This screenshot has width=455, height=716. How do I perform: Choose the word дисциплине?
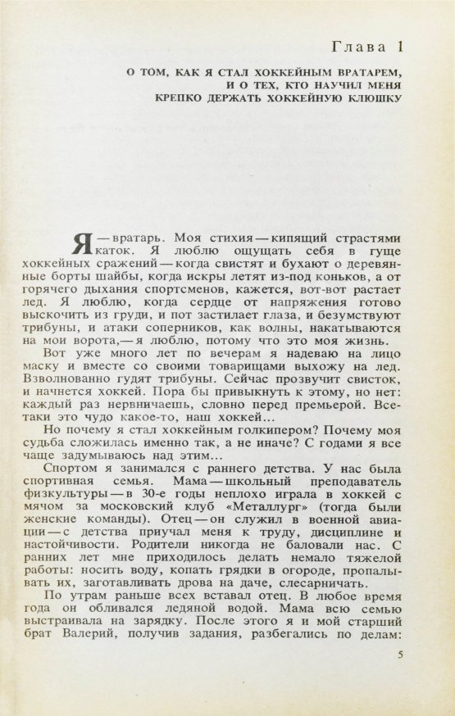pyautogui.click(x=321, y=537)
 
